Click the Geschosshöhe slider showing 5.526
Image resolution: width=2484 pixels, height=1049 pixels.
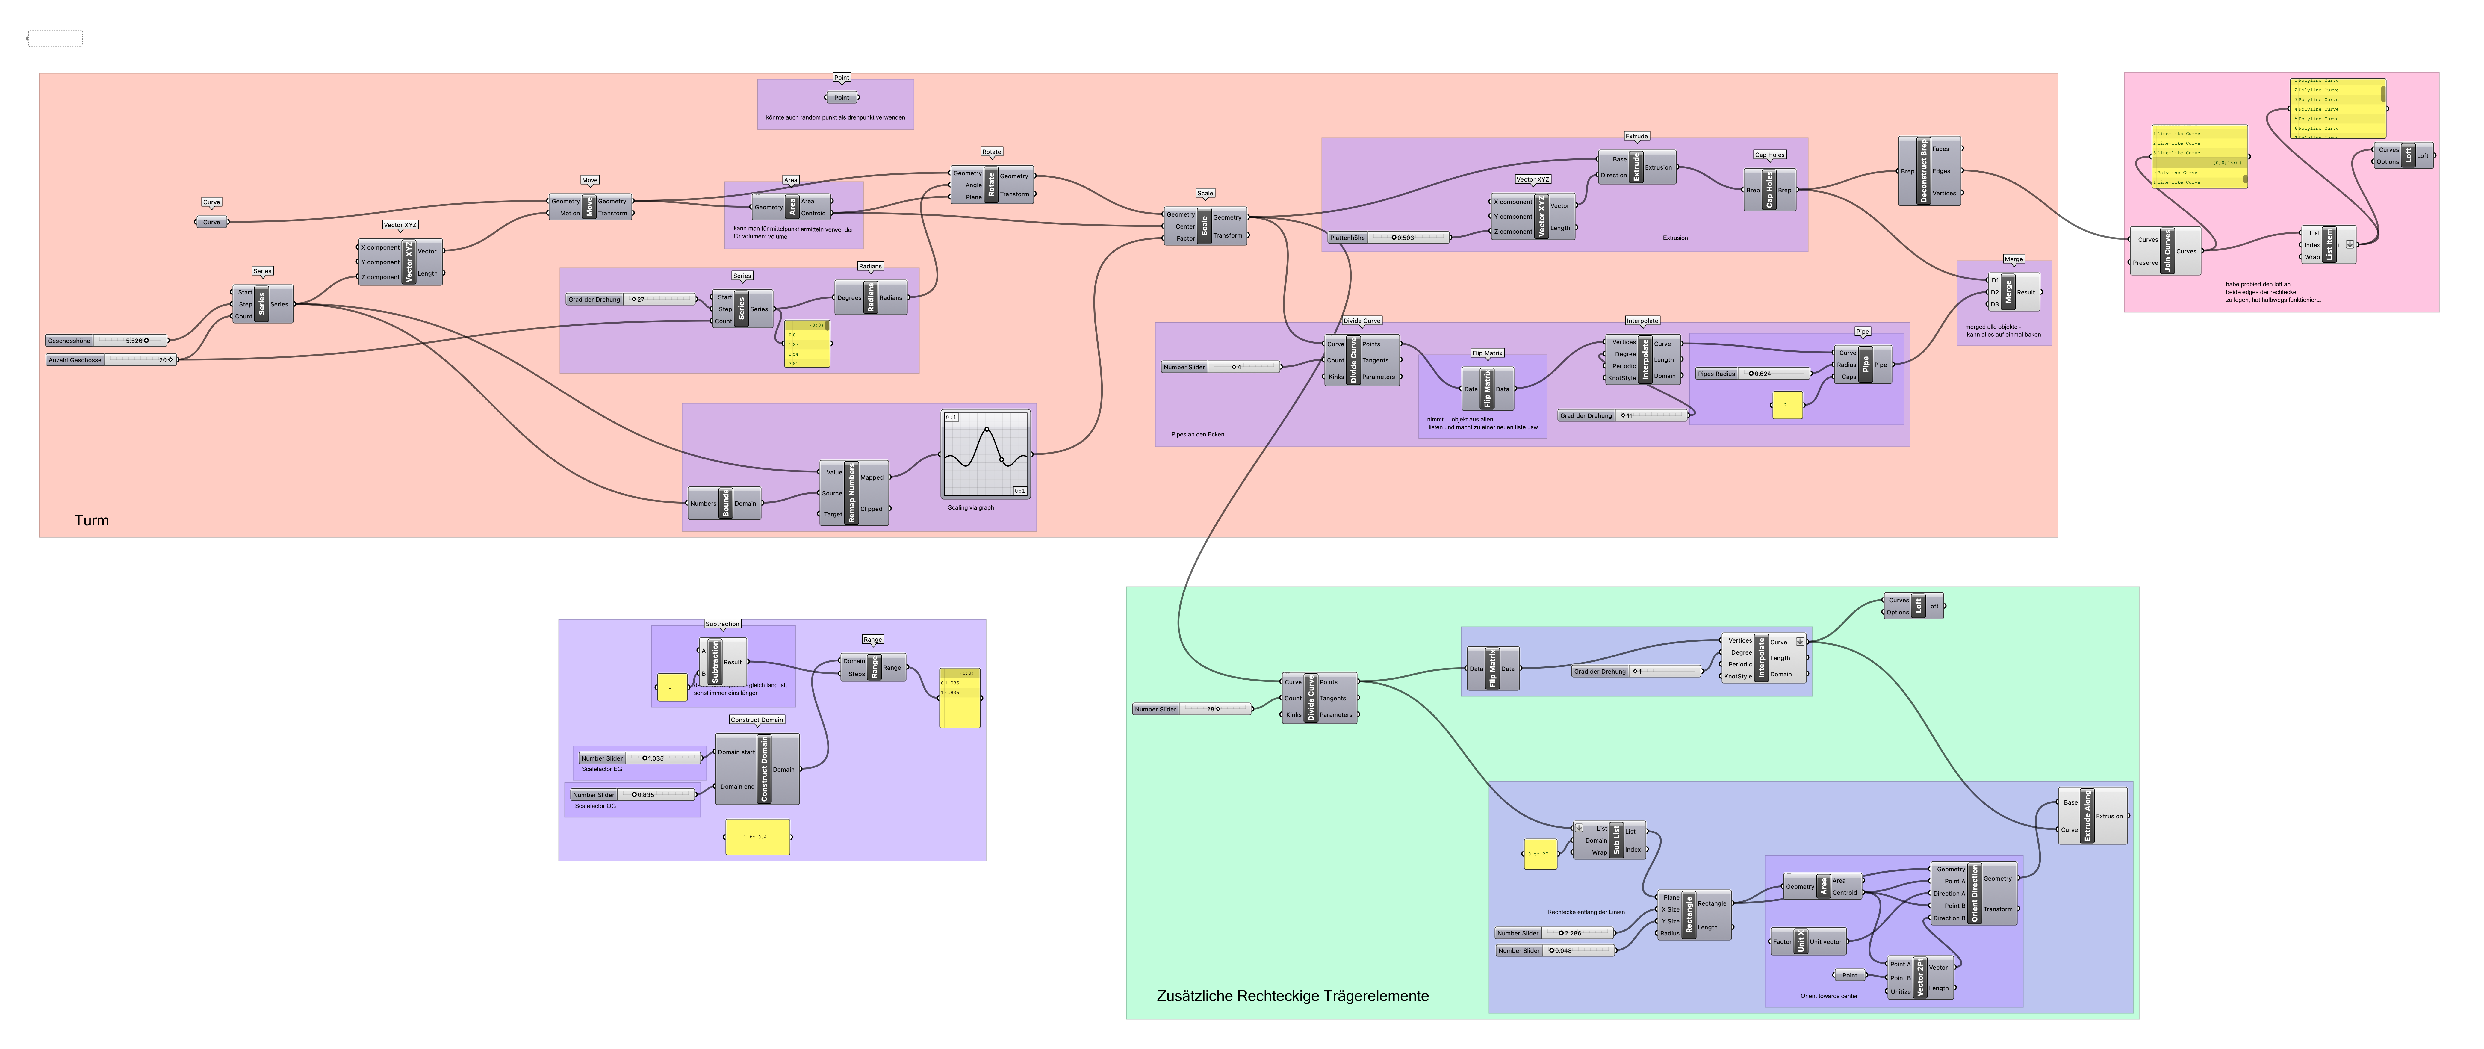[x=106, y=340]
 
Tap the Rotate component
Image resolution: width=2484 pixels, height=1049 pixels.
[x=991, y=184]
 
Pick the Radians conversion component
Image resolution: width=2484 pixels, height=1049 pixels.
[x=871, y=298]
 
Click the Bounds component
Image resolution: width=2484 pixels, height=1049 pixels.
[x=725, y=503]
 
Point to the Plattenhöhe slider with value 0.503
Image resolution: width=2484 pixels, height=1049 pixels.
[x=1388, y=237]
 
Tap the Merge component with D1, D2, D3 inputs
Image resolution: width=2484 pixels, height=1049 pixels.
[x=2009, y=292]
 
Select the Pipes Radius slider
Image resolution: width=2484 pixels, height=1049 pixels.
[x=1753, y=373]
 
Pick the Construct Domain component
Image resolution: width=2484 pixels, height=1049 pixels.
[x=764, y=770]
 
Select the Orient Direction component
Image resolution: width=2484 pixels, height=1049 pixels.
[x=1974, y=893]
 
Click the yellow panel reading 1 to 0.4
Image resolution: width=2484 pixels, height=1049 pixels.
[x=757, y=837]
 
